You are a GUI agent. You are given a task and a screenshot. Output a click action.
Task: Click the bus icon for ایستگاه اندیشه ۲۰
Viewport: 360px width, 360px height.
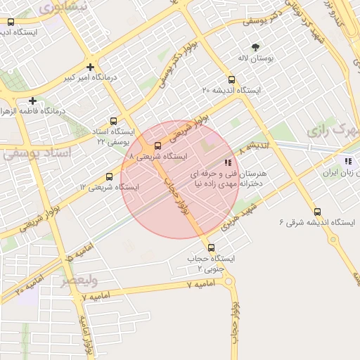pos(232,79)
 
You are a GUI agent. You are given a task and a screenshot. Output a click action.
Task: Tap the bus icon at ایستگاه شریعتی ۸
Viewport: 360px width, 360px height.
pos(157,146)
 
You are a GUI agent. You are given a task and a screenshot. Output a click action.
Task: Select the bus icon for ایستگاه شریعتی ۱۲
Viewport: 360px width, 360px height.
pos(109,176)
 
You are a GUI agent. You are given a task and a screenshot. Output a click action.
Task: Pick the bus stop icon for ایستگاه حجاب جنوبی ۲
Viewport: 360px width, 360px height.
pos(211,247)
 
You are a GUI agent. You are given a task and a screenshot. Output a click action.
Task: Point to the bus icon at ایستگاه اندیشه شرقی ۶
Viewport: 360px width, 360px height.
pos(317,212)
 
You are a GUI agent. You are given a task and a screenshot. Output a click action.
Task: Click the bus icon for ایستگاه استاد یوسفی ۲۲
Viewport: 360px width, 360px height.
pos(115,121)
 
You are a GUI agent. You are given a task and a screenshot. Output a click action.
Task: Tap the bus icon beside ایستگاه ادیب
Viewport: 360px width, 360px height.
pos(11,21)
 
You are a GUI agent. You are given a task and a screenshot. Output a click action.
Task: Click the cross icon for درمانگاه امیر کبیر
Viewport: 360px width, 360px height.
pos(90,67)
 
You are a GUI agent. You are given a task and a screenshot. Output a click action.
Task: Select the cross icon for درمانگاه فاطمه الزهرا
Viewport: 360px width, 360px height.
pos(32,101)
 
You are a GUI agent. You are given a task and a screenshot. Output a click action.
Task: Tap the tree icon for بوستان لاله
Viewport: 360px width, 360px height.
pos(255,48)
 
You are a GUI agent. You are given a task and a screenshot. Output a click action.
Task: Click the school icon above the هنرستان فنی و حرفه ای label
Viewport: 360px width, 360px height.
pos(228,161)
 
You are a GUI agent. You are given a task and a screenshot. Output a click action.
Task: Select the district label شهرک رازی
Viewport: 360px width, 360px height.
pos(331,130)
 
